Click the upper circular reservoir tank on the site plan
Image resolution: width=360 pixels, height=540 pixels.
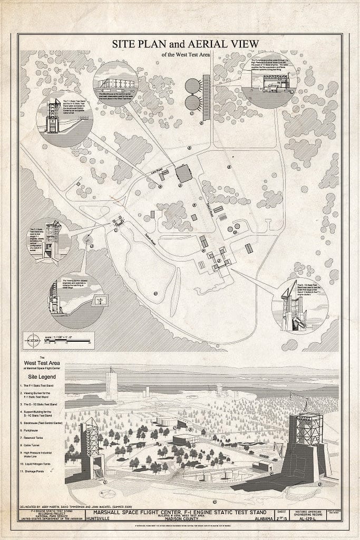point(193,86)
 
